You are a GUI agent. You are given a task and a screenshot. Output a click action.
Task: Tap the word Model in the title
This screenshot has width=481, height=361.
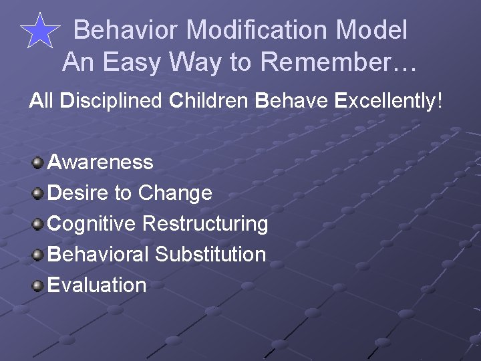[371, 30]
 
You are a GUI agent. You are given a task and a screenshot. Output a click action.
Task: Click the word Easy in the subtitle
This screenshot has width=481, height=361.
[133, 62]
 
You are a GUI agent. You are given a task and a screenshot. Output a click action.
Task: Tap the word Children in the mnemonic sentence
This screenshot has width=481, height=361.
[208, 101]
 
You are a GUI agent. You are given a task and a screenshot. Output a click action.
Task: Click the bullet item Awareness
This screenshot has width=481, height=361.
[101, 162]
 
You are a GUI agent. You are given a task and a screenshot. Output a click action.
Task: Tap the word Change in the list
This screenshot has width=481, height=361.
[175, 193]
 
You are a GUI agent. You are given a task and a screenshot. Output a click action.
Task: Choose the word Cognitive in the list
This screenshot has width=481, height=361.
[92, 223]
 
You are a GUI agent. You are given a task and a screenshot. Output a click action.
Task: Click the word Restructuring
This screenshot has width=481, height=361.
[205, 223]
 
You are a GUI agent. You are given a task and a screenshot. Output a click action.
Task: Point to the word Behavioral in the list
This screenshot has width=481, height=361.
[99, 254]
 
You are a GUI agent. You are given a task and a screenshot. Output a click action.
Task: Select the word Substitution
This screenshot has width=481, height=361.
[210, 254]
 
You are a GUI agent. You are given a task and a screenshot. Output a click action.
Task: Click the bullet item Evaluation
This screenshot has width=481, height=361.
[98, 285]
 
